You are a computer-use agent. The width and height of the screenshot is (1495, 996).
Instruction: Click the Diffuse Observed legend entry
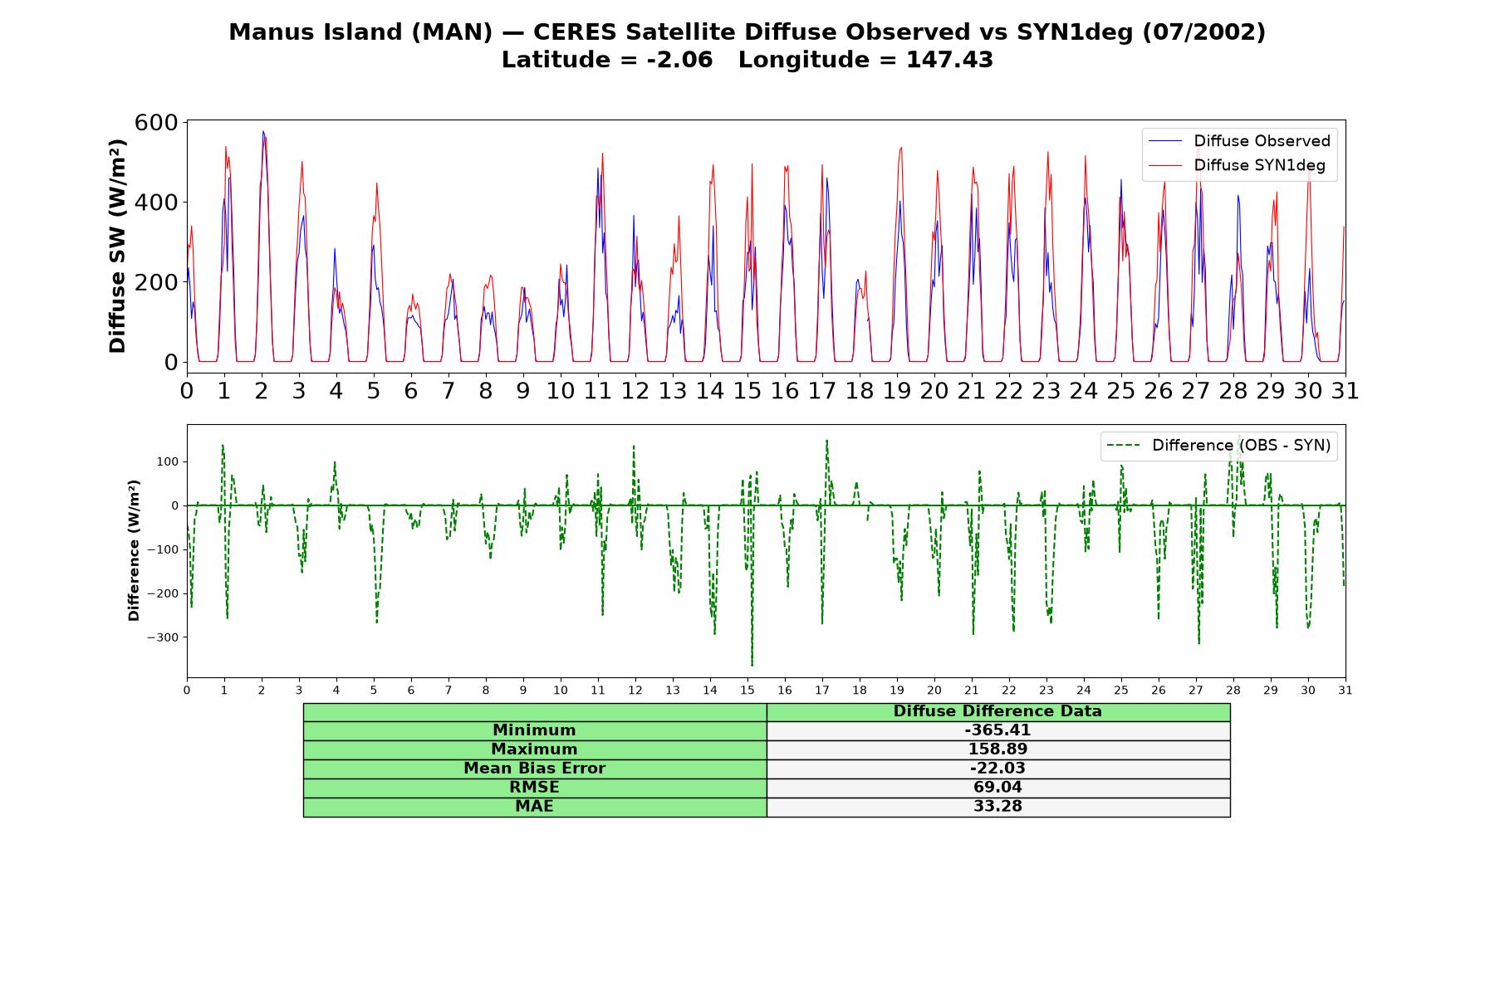click(x=1239, y=141)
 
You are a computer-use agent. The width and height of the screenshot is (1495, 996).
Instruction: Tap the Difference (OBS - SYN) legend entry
click(x=1218, y=446)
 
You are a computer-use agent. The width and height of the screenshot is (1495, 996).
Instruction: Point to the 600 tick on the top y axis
click(x=157, y=123)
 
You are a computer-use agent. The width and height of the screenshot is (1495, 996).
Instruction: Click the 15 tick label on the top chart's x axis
click(x=747, y=391)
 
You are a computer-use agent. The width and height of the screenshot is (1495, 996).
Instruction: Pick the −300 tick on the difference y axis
click(x=162, y=637)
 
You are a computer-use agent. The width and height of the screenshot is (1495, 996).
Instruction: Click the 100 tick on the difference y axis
click(x=169, y=461)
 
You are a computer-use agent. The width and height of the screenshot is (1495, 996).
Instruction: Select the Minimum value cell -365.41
click(x=997, y=730)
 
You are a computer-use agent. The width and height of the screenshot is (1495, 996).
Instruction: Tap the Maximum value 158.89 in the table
click(x=997, y=749)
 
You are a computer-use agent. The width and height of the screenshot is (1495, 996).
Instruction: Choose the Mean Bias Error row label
click(x=534, y=769)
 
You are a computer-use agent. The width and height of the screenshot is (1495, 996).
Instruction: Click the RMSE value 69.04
click(x=997, y=788)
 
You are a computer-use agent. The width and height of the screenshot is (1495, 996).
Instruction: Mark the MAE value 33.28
click(x=997, y=807)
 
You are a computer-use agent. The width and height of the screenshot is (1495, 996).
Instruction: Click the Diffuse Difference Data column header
click(x=997, y=711)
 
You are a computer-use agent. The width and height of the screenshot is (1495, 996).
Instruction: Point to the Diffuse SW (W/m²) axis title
click(x=117, y=247)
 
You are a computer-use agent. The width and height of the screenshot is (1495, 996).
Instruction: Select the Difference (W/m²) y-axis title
click(x=134, y=550)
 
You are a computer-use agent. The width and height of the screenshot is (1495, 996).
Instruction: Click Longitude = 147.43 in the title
click(x=865, y=60)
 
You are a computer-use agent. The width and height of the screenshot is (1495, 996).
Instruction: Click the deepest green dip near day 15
click(x=752, y=665)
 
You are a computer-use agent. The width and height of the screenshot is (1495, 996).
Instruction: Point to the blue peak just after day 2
click(x=263, y=132)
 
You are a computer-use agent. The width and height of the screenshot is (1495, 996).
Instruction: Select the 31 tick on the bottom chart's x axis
click(x=1345, y=690)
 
